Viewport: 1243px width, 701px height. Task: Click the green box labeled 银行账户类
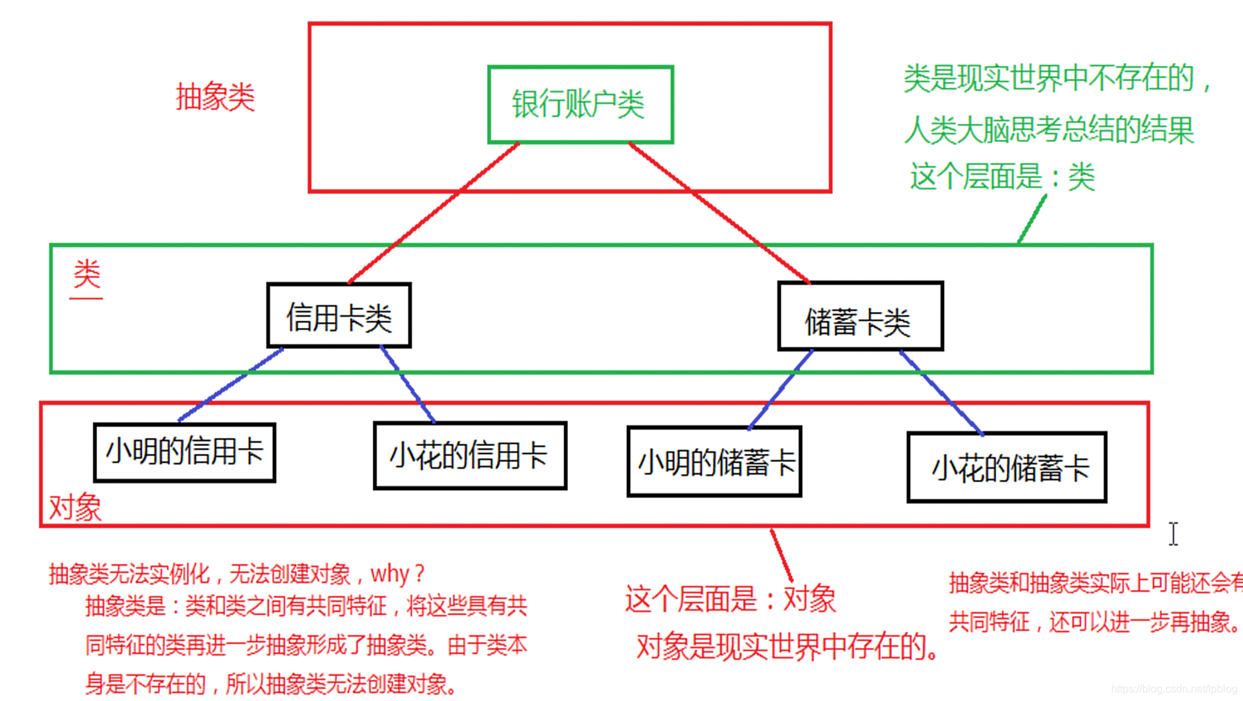click(580, 104)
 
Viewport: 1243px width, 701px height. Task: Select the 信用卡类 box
click(339, 316)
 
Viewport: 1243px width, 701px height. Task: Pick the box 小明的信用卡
click(184, 452)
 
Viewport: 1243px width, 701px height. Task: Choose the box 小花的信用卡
click(470, 456)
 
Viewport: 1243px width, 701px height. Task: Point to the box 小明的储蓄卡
click(714, 462)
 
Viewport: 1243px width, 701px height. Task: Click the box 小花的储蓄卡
click(1006, 467)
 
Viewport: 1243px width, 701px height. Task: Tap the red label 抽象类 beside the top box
click(215, 98)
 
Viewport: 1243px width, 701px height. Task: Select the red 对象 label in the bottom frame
click(75, 507)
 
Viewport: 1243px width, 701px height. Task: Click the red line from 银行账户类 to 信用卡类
click(434, 213)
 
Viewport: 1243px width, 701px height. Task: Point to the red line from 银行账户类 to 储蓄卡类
click(719, 213)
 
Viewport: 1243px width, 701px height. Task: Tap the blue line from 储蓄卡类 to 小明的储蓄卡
click(781, 388)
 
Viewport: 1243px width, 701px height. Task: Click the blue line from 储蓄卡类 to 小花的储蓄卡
click(941, 392)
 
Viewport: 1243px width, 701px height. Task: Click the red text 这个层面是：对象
click(730, 599)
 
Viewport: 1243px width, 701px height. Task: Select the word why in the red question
click(390, 574)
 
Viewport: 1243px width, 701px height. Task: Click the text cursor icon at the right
click(1173, 534)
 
